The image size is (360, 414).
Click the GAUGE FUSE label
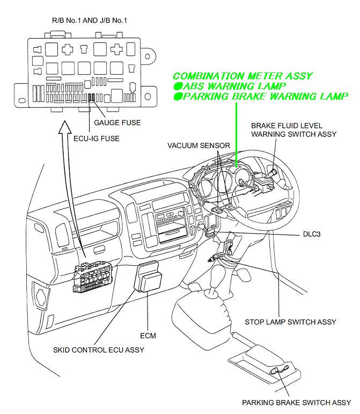pyautogui.click(x=117, y=123)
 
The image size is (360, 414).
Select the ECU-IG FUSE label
pyautogui.click(x=96, y=138)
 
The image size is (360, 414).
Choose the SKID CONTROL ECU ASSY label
pyautogui.click(x=98, y=350)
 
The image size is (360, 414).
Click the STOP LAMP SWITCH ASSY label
pyautogui.click(x=290, y=322)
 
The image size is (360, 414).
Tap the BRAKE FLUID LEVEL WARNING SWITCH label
pyautogui.click(x=293, y=130)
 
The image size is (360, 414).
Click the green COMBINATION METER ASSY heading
pyautogui.click(x=242, y=76)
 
